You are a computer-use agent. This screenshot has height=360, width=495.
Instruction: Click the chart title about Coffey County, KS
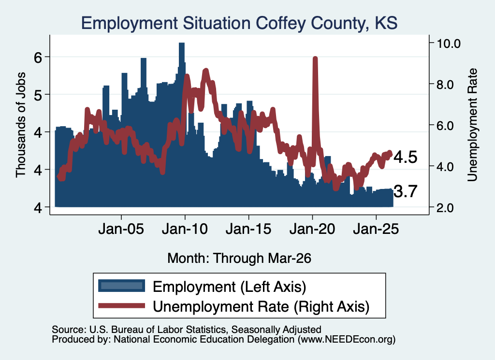tap(239, 23)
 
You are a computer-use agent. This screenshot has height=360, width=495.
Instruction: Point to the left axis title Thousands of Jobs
tap(20, 125)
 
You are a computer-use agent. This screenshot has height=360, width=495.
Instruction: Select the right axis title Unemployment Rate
tap(472, 125)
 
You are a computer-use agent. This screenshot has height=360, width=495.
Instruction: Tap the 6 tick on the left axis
tap(38, 57)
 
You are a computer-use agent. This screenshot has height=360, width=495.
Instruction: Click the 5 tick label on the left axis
tap(38, 95)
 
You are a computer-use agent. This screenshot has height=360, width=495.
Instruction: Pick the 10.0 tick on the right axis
tap(448, 43)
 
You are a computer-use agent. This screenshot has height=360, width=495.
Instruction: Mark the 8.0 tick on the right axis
tap(445, 85)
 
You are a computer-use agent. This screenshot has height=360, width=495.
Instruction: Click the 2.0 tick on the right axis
tap(445, 208)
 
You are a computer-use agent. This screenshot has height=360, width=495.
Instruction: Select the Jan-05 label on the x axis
tap(121, 229)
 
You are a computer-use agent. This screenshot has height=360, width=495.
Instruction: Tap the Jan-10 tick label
tap(185, 229)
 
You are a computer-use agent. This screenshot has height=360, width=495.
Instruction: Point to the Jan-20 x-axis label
tap(312, 229)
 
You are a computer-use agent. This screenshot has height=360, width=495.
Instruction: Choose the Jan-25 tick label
tap(376, 229)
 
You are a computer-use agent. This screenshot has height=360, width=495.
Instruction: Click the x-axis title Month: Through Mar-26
tap(239, 258)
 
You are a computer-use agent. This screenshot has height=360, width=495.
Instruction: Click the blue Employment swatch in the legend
tap(121, 286)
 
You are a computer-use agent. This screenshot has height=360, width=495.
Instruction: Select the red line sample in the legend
tap(121, 306)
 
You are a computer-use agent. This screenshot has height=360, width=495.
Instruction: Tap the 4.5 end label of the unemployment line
tap(406, 157)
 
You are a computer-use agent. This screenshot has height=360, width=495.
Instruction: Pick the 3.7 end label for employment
tap(406, 191)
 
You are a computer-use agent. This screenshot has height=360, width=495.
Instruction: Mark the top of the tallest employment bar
tap(182, 43)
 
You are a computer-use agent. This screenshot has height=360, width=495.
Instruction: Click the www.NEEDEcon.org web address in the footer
tap(347, 340)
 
